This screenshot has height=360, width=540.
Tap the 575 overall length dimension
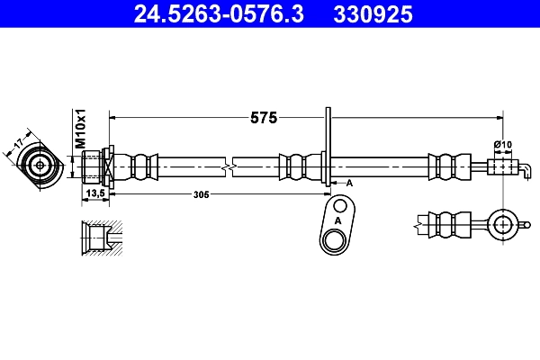coord(263,117)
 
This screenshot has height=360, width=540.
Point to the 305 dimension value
coord(202,194)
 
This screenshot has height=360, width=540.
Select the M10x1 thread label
coord(79,129)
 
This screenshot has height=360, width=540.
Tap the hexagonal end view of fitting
coord(40,166)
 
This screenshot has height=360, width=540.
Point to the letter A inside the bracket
coord(338,220)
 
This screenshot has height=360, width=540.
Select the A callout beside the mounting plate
coord(349,183)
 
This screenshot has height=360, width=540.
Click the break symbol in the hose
coord(231,166)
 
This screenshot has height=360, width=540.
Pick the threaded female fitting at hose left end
coord(94,166)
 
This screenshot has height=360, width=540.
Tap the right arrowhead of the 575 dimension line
coord(498,117)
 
